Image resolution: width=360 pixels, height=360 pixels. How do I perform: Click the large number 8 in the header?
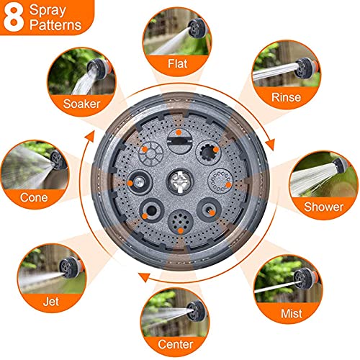pyautogui.click(x=14, y=17)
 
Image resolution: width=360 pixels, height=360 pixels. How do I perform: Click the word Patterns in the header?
pyautogui.click(x=55, y=25)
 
